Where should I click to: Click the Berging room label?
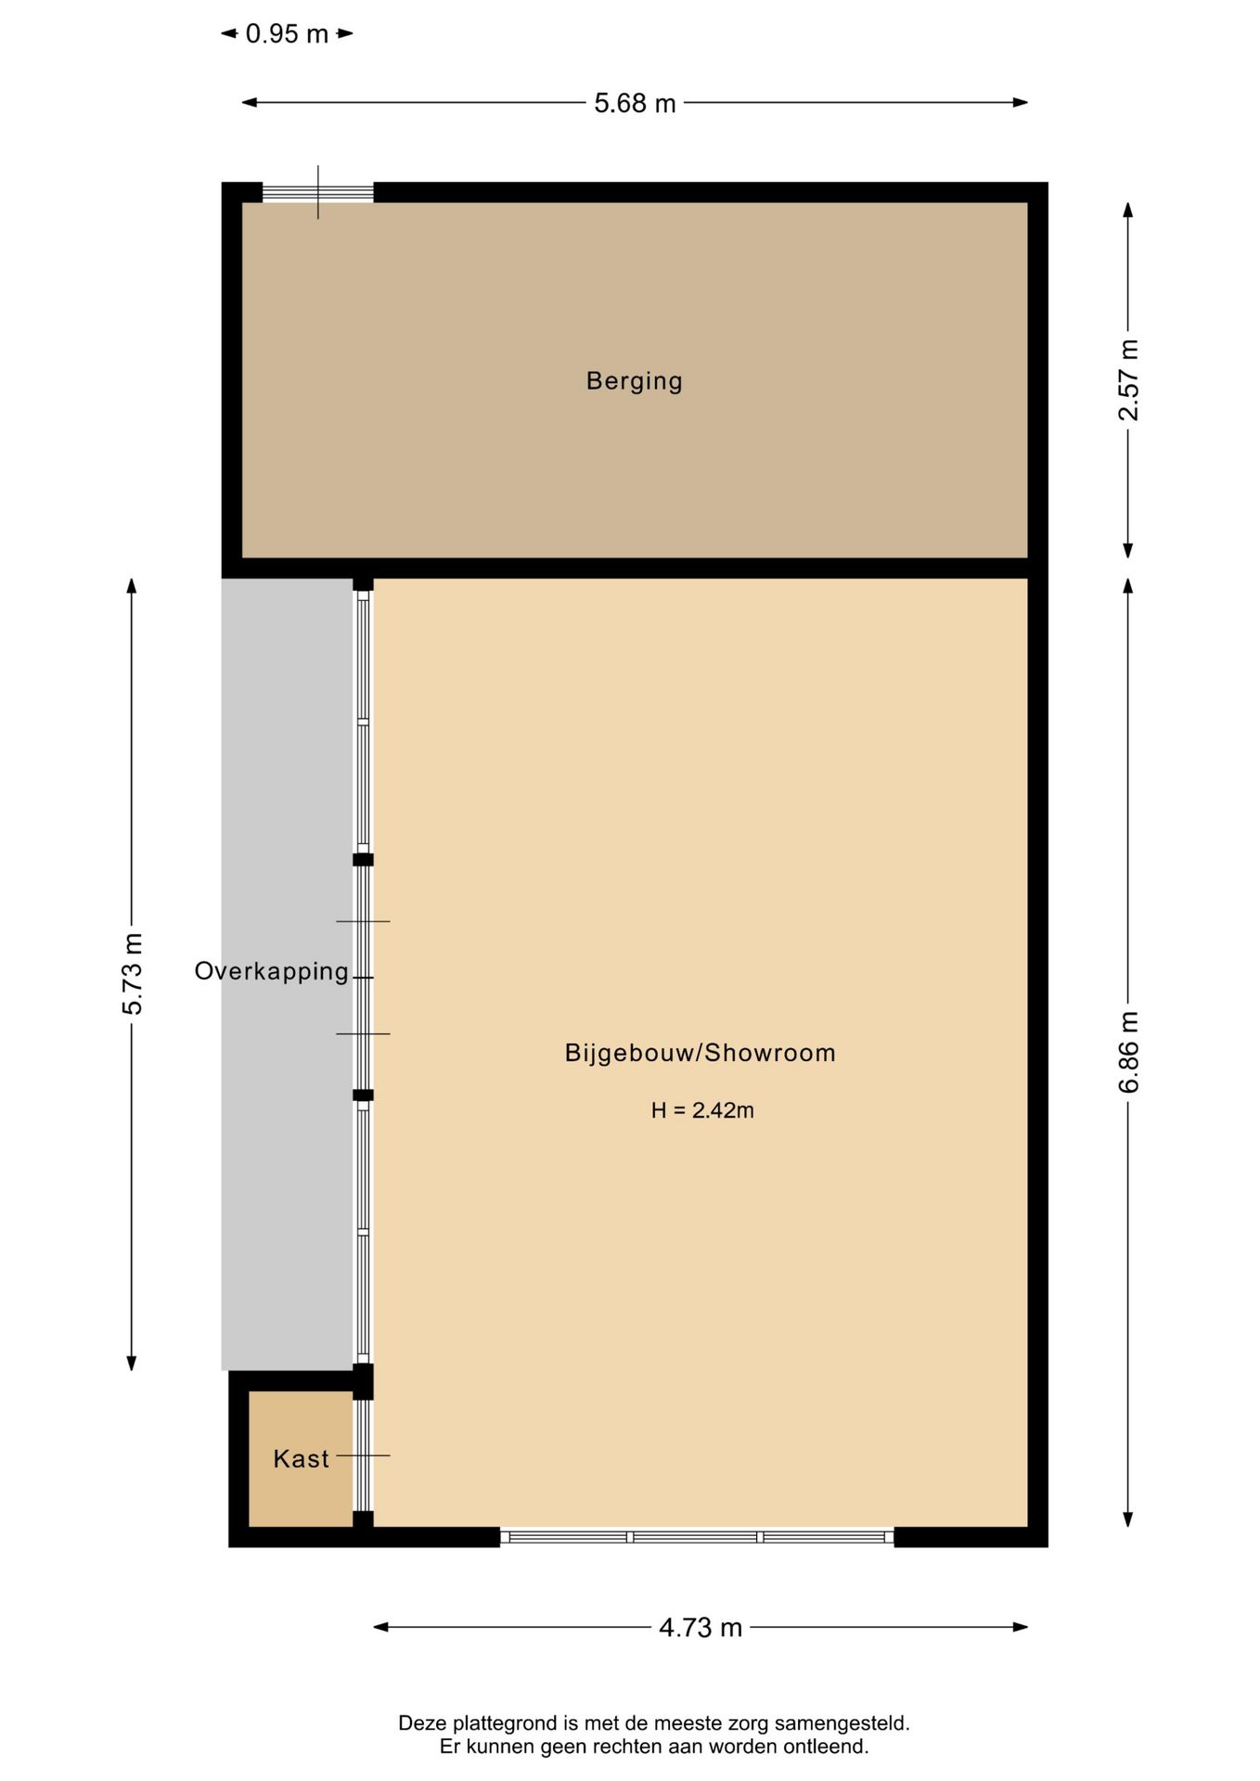(x=634, y=381)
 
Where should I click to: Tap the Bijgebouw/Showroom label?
(x=701, y=1053)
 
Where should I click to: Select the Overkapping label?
(x=271, y=971)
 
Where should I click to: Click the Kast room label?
(x=301, y=1459)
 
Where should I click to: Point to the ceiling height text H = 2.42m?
(x=702, y=1110)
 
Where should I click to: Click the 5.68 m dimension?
(x=635, y=103)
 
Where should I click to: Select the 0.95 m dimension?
(x=287, y=34)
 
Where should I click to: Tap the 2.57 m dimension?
(x=1128, y=380)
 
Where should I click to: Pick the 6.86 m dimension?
(x=1128, y=1052)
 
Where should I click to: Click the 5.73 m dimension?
(x=132, y=974)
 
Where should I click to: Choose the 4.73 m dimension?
(x=701, y=1628)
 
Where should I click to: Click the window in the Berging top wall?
(x=317, y=193)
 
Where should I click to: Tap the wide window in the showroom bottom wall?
(x=697, y=1537)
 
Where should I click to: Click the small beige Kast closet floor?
(x=301, y=1459)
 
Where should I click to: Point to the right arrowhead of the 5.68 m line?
(x=1021, y=102)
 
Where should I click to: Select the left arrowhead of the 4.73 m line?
(x=381, y=1627)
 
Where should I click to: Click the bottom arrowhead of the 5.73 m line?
(x=132, y=1363)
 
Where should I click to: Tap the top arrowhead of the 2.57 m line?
(x=1128, y=211)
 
